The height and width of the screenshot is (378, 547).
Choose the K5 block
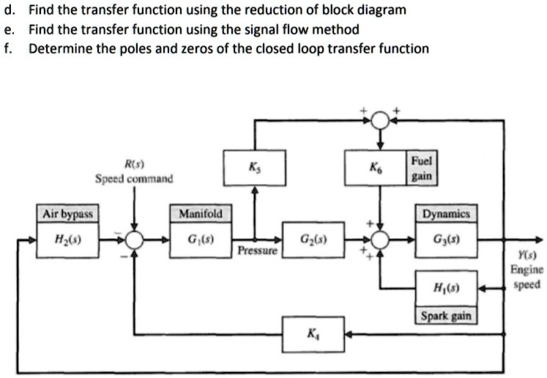pyautogui.click(x=254, y=168)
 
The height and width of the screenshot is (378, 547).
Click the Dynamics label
pyautogui.click(x=446, y=215)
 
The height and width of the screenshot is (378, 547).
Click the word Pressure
pyautogui.click(x=257, y=251)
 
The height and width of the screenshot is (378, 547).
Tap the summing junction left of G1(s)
pyautogui.click(x=134, y=240)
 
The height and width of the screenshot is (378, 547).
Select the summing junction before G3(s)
pyautogui.click(x=380, y=240)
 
